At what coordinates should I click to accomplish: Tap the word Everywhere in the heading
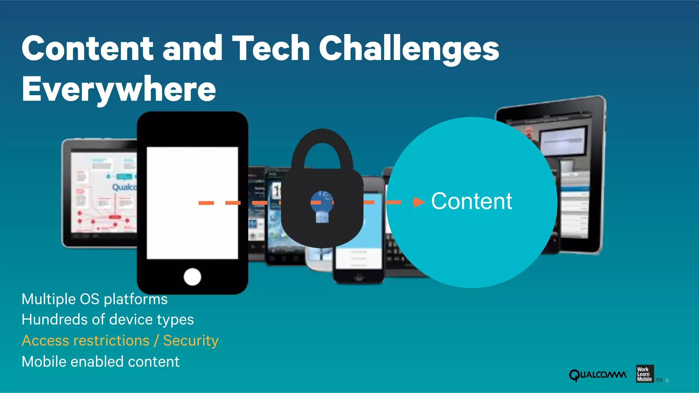(119, 89)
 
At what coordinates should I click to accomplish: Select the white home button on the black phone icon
(192, 276)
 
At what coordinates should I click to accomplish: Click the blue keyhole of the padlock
(322, 207)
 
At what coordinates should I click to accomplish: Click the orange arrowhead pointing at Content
(418, 202)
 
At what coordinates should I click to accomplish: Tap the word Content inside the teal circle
(471, 201)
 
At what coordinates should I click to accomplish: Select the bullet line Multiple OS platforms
(95, 299)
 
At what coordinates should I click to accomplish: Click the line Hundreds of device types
(108, 320)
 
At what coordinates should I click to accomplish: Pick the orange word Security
(191, 341)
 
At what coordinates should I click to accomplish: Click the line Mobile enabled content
(100, 362)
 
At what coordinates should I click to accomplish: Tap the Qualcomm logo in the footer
(598, 375)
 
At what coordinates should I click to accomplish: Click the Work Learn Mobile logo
(644, 374)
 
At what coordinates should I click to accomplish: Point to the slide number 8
(667, 380)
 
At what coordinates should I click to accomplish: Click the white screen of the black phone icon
(192, 203)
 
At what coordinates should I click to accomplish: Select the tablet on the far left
(99, 193)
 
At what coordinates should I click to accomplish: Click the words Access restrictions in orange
(86, 341)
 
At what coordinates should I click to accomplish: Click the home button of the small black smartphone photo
(358, 276)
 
